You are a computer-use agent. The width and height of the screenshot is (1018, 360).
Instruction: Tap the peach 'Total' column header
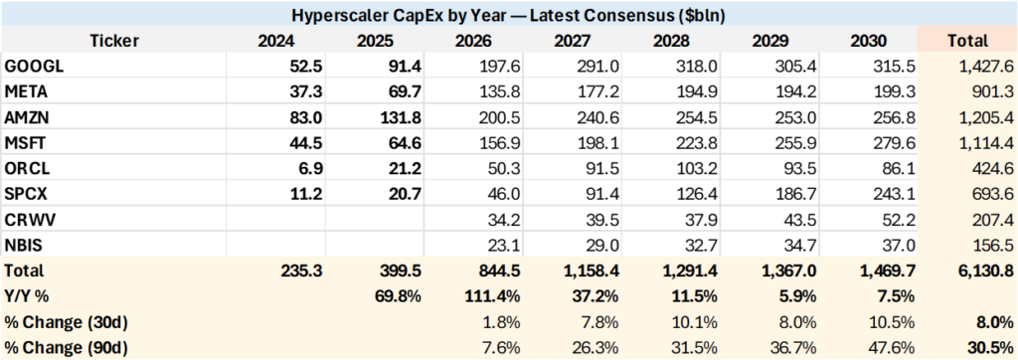coord(967,41)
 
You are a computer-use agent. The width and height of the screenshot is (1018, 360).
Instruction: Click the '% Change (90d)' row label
coord(66,348)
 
